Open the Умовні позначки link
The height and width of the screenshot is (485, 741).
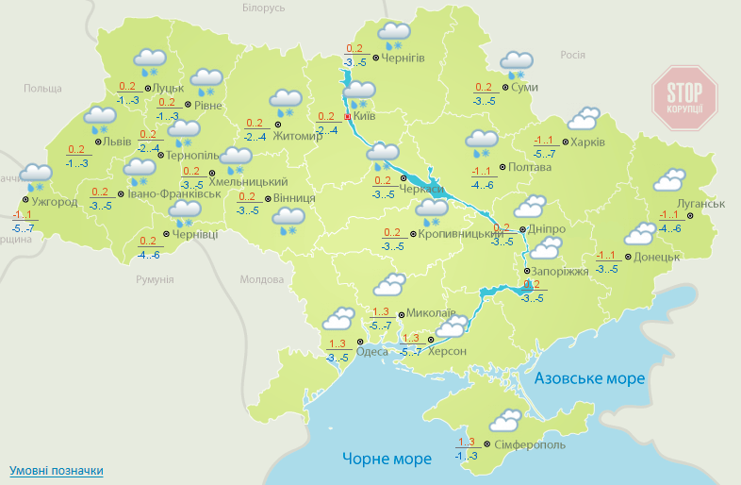tap(56, 470)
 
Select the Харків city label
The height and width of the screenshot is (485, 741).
tap(588, 142)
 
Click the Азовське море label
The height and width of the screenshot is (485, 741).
tap(589, 378)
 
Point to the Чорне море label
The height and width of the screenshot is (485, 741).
tap(387, 459)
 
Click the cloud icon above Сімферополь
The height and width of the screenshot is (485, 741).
tap(504, 420)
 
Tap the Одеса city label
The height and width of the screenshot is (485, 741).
tap(371, 352)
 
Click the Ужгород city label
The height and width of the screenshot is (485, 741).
tap(54, 202)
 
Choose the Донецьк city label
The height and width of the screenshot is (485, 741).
tap(657, 257)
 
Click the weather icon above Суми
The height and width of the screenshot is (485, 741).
tap(516, 64)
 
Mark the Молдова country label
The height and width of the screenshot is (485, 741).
tap(261, 279)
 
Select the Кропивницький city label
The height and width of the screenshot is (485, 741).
tap(447, 233)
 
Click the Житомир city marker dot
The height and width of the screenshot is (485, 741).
tap(277, 125)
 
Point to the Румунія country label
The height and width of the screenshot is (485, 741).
tap(155, 279)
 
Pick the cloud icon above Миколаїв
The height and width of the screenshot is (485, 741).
tap(390, 285)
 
